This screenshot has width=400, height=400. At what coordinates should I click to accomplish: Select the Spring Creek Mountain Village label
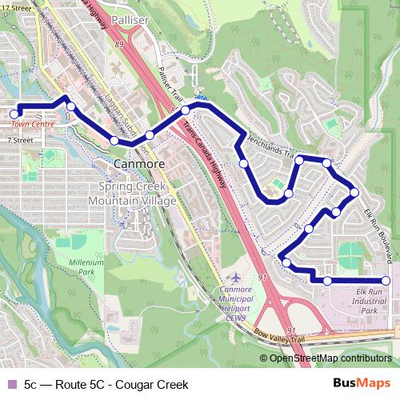point(137,193)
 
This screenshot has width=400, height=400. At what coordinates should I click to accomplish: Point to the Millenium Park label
point(86,267)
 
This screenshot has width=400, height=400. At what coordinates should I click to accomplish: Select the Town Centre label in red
point(33,126)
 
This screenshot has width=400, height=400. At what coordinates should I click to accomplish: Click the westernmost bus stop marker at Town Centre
point(14,114)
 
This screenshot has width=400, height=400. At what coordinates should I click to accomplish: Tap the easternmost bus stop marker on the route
point(386,280)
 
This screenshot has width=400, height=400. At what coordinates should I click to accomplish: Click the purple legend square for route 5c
point(10,385)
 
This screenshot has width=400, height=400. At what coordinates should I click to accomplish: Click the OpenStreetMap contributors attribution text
point(329,359)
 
